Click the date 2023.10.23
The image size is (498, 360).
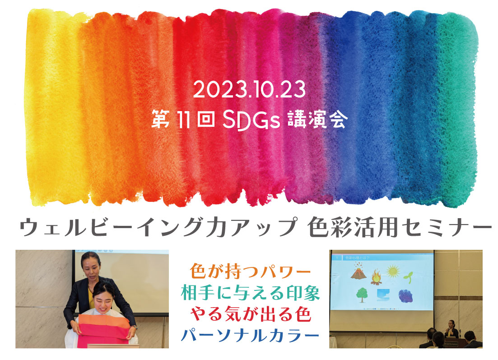click(x=249, y=89)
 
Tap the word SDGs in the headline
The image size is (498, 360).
click(x=251, y=120)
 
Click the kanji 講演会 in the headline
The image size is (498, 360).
click(x=317, y=119)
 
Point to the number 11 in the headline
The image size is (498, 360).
click(x=183, y=120)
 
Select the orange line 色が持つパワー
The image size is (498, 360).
click(x=250, y=271)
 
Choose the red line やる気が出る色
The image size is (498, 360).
click(x=250, y=314)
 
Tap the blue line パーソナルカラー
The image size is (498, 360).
click(x=250, y=335)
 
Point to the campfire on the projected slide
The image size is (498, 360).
click(x=377, y=277)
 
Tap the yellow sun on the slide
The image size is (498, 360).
click(x=393, y=271)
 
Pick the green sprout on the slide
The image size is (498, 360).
click(x=408, y=277)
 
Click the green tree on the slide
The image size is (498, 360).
click(x=362, y=295)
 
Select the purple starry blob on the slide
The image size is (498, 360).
click(x=405, y=296)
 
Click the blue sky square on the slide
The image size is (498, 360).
click(x=383, y=295)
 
